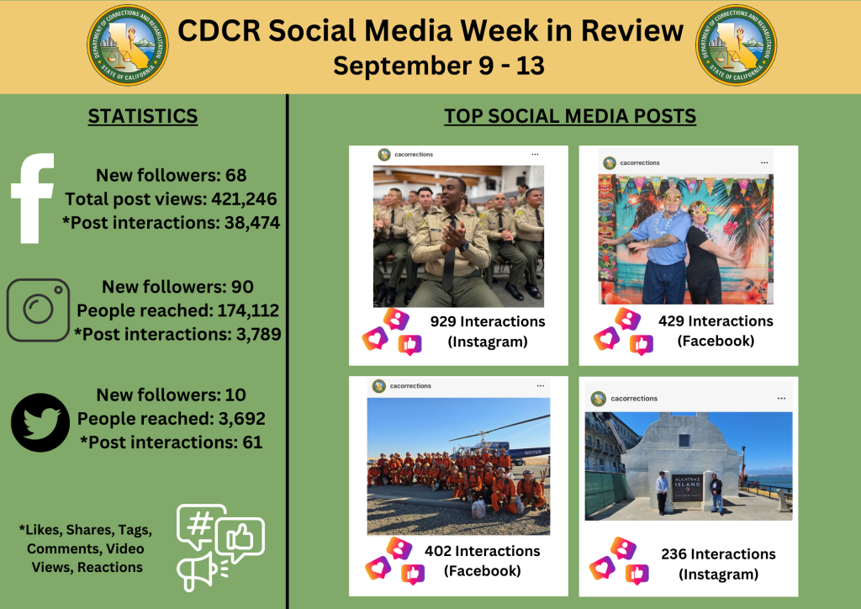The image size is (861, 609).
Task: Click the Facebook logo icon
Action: [x=34, y=199]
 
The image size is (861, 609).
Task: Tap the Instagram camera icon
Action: [x=39, y=310]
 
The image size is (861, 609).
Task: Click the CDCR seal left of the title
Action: [x=128, y=45]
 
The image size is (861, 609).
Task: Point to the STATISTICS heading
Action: [x=143, y=116]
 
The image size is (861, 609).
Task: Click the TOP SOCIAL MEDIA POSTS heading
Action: [x=570, y=116]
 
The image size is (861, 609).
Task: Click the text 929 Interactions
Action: [x=488, y=321]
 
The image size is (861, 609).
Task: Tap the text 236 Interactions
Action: [x=718, y=553]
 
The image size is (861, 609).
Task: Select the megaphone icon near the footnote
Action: [x=198, y=569]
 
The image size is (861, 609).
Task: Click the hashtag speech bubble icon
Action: [x=201, y=525]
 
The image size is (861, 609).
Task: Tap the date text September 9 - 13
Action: [x=438, y=66]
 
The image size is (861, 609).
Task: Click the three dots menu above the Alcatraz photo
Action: [x=781, y=398]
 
